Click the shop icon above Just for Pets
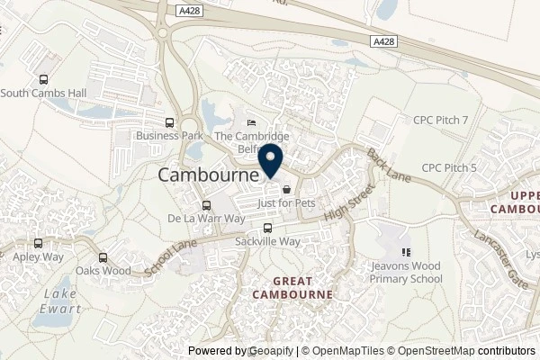point(286,190)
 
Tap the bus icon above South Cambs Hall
point(42,78)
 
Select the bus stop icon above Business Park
point(169,122)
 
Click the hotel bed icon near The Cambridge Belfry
point(251,123)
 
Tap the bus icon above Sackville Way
point(266,229)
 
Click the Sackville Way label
point(266,243)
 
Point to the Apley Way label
point(37,256)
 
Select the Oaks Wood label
point(102,271)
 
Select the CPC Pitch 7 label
point(441,119)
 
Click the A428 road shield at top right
point(382,40)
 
